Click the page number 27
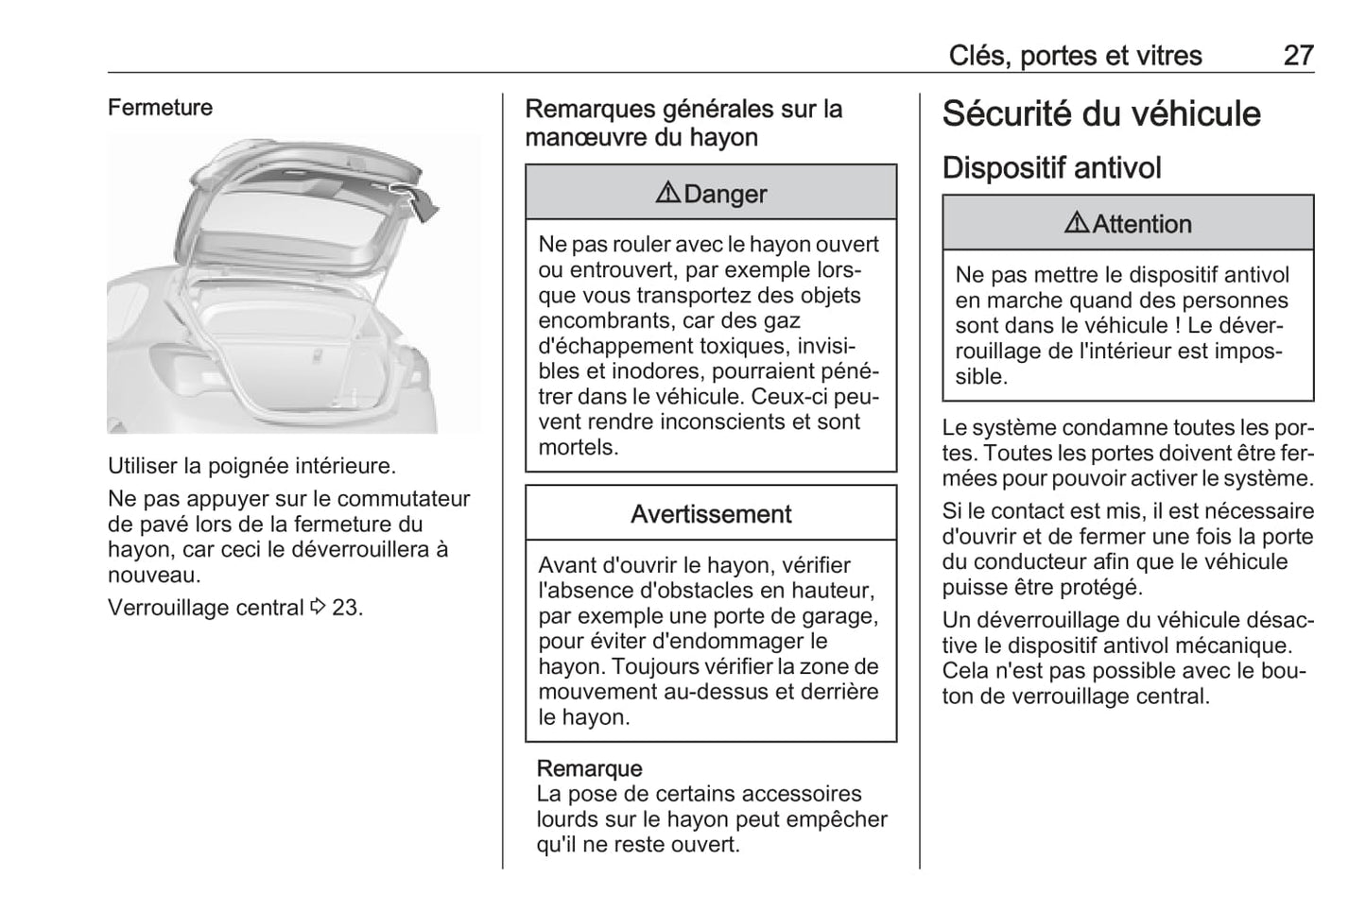pos(1298,56)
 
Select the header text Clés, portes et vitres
pos(1075,56)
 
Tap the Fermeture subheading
pos(160,108)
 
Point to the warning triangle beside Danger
pos(667,193)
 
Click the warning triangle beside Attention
pos(1077,223)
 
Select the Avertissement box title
pos(711,514)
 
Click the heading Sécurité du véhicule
pos(1101,113)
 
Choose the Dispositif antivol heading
pos(1051,168)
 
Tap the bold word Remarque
pos(589,768)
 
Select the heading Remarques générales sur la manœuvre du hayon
pos(683,123)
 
